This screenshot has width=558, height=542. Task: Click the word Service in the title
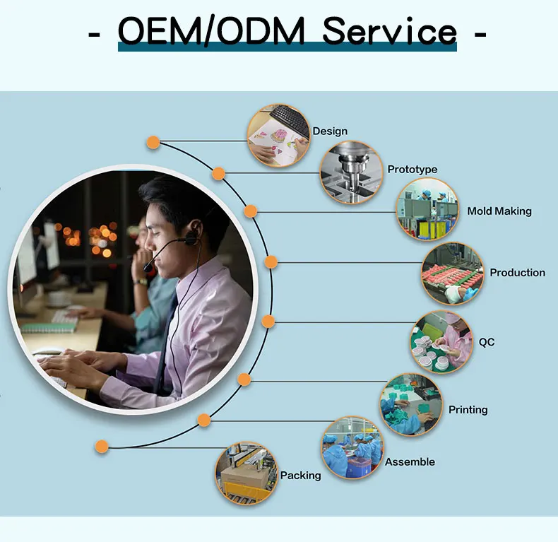pos(390,32)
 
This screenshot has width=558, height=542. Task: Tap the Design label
pos(330,131)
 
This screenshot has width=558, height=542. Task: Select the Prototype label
pos(412,170)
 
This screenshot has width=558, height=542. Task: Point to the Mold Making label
pos(499,211)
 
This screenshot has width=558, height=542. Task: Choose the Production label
pos(517,273)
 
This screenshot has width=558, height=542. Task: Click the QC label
pos(487,343)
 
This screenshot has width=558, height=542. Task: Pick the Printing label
pos(468,410)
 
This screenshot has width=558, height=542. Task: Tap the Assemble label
pos(410,462)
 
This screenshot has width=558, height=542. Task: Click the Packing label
pos(300,476)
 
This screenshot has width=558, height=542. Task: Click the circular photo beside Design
pos(279,136)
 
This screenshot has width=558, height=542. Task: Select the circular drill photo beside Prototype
pos(351,173)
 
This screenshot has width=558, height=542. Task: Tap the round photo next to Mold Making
pos(427,210)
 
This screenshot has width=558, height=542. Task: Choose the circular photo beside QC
pos(441,343)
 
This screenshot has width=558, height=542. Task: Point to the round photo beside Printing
pos(411,405)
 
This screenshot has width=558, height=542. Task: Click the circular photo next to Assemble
pos(352,448)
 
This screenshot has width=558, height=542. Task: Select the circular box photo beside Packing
pos(246,472)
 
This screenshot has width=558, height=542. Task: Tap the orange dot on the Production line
pos(271,261)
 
